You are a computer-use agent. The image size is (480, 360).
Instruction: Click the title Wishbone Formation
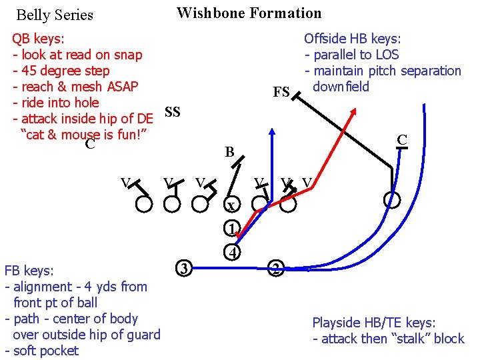coord(249,13)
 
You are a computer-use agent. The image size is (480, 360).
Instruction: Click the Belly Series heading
coord(55,15)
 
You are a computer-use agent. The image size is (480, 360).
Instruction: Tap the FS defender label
coord(281,92)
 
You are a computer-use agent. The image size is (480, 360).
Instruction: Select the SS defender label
coord(172,112)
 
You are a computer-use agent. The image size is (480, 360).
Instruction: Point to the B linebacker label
coord(229,153)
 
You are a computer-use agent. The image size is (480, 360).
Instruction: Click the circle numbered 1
coord(231,228)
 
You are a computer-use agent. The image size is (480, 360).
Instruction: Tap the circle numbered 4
coord(231,253)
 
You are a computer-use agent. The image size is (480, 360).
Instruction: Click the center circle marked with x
coord(230,205)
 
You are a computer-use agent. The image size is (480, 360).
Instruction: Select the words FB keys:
coord(29,271)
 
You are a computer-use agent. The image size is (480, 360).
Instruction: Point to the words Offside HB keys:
coord(352,39)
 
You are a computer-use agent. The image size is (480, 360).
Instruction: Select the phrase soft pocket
coord(45,351)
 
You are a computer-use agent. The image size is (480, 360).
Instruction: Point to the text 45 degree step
coord(65,71)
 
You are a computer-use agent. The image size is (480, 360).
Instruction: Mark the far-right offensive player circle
coord(393,199)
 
